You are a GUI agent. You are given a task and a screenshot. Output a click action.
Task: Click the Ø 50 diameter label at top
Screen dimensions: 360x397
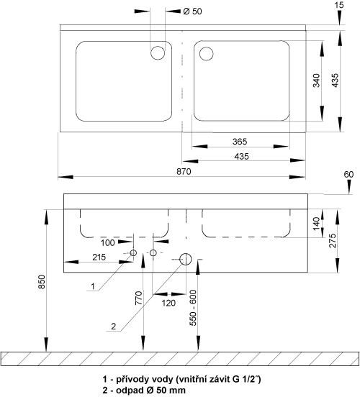click(x=192, y=12)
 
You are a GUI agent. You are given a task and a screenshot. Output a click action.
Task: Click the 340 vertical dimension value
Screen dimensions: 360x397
click(x=316, y=81)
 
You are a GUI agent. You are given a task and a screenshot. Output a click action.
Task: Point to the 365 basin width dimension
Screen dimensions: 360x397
click(x=240, y=142)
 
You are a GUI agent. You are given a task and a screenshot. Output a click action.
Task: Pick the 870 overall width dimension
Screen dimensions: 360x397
click(x=184, y=172)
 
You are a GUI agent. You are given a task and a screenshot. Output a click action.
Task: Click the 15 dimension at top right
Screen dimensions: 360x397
click(x=339, y=5)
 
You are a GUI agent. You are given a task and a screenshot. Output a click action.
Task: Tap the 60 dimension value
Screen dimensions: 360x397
click(x=348, y=175)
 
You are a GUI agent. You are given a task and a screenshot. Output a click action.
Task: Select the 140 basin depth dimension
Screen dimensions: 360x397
click(x=316, y=224)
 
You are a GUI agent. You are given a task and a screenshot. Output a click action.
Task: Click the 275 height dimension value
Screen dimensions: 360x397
click(x=333, y=240)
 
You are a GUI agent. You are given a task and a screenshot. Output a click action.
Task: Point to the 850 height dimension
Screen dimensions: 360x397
click(x=41, y=281)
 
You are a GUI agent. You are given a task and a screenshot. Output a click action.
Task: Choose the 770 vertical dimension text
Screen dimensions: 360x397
click(x=139, y=298)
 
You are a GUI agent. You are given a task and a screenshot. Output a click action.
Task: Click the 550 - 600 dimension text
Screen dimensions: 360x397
click(x=193, y=308)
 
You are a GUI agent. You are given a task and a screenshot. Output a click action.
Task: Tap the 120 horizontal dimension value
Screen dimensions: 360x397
click(x=168, y=303)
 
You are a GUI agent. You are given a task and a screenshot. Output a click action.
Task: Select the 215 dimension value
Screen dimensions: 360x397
click(x=99, y=257)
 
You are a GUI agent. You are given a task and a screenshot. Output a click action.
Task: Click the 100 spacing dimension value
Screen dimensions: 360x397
click(x=108, y=243)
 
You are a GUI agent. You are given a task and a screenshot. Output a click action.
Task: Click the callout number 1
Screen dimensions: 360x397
click(x=93, y=286)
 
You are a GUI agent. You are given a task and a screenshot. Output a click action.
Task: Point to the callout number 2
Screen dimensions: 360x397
click(x=113, y=326)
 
